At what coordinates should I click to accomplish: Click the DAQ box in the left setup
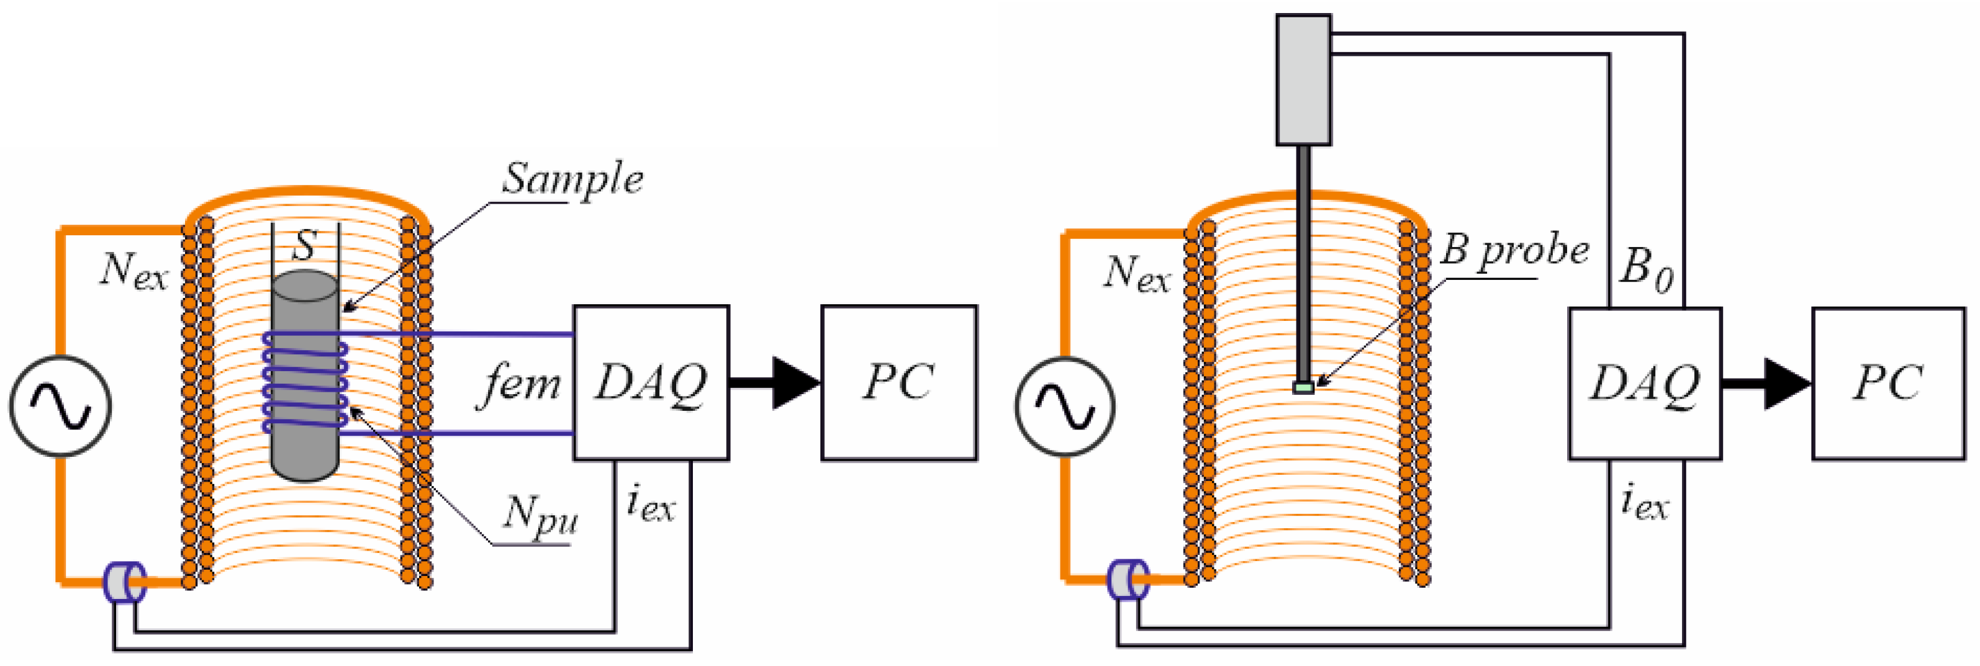651,382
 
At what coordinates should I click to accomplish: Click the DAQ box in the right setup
1644,384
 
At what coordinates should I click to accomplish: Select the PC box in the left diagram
898,382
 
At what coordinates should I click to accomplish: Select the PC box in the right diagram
1887,384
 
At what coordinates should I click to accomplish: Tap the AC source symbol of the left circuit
60,405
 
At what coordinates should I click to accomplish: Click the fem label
520,384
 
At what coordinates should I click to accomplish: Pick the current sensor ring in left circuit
124,583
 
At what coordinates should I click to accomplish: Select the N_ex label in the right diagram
1137,274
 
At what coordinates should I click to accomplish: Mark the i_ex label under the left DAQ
650,505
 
